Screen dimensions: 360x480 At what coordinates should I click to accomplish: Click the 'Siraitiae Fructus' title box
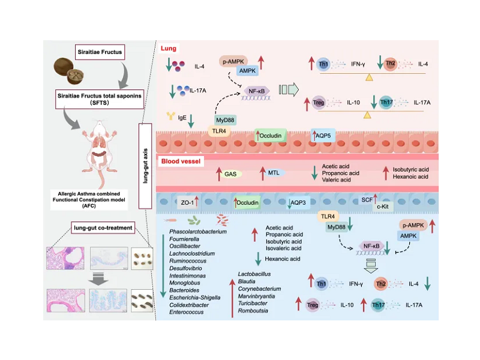(x=107, y=52)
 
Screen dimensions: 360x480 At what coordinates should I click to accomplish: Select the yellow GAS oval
(x=230, y=174)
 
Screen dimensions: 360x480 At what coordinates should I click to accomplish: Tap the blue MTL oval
(x=274, y=173)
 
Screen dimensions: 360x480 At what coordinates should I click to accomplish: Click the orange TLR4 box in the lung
(x=217, y=130)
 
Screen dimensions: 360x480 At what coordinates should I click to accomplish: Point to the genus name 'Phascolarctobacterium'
(x=199, y=230)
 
